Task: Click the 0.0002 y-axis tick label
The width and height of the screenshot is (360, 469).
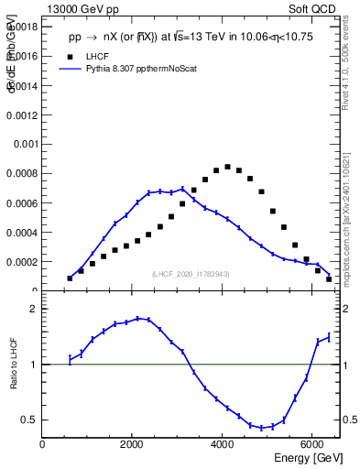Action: [22, 262]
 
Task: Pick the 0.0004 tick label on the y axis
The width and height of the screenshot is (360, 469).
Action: [22, 233]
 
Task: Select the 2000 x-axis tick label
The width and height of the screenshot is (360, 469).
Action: [133, 444]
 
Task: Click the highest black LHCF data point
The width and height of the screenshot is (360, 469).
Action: [227, 167]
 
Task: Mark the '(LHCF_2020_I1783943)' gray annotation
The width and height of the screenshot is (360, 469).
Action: [190, 274]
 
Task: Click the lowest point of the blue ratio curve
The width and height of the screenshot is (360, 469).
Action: [261, 428]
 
